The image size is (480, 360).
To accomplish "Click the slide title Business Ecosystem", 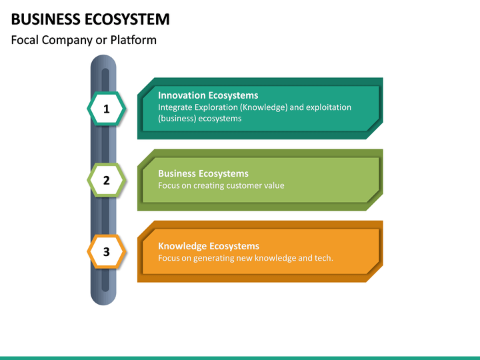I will [90, 19].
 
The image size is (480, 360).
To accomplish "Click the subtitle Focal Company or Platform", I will [84, 40].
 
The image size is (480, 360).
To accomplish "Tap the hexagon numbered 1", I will [106, 109].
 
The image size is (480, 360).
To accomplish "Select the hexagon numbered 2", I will [106, 180].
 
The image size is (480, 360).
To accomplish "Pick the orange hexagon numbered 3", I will [106, 251].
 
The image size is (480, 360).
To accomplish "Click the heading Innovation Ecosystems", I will [208, 95].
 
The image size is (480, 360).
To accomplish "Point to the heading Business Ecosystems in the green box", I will [203, 174].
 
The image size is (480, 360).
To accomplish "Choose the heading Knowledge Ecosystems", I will [209, 246].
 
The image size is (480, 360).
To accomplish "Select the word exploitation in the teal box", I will [329, 107].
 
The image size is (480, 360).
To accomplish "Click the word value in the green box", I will [274, 185].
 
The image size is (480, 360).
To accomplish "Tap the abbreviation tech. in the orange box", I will [323, 258].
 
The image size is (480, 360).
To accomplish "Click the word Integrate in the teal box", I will [175, 107].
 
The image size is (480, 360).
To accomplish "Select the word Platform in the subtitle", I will [133, 40].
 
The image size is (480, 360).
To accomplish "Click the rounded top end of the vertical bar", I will [103, 61].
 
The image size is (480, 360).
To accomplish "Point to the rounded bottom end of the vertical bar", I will [103, 299].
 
